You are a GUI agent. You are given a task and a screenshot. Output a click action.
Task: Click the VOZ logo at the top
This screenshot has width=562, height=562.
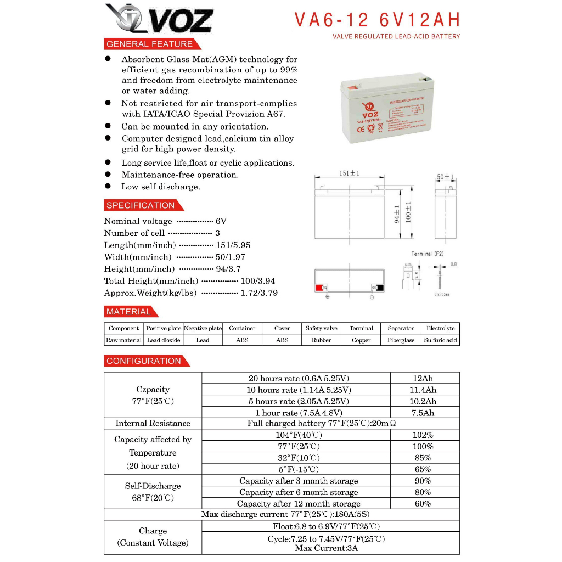159,19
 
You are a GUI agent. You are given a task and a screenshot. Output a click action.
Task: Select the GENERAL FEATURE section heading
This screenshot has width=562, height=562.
149,44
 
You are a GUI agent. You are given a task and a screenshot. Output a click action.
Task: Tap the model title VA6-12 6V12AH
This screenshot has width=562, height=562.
376,20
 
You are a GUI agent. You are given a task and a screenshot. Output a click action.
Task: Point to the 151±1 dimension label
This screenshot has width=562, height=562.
349,174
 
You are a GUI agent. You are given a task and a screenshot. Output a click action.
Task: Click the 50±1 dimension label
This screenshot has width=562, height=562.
446,177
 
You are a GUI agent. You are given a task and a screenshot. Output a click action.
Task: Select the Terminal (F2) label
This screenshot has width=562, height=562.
428,254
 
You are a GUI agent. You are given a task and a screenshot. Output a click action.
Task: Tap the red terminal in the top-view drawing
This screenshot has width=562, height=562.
319,288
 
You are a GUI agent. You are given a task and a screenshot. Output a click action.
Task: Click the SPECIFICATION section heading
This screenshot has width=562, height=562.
140,206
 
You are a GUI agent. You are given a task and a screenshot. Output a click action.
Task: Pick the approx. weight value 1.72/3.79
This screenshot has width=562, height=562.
259,293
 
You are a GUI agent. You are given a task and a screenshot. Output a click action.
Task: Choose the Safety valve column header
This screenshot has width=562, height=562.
321,328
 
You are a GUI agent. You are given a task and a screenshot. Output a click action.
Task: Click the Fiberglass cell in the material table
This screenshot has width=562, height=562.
401,340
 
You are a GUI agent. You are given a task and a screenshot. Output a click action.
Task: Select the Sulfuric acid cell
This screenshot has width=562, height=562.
440,340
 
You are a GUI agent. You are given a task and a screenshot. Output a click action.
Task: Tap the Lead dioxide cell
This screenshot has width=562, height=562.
164,340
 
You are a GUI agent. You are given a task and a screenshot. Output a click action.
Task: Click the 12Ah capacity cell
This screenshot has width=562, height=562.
424,379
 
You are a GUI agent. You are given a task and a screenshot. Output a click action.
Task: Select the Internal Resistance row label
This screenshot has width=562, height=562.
153,424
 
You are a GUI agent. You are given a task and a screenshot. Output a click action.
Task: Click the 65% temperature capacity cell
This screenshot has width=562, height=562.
423,469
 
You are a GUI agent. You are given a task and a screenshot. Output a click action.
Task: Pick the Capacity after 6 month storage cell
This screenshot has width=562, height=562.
299,492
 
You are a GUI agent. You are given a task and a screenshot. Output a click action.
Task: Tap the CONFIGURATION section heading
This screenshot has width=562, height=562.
144,361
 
